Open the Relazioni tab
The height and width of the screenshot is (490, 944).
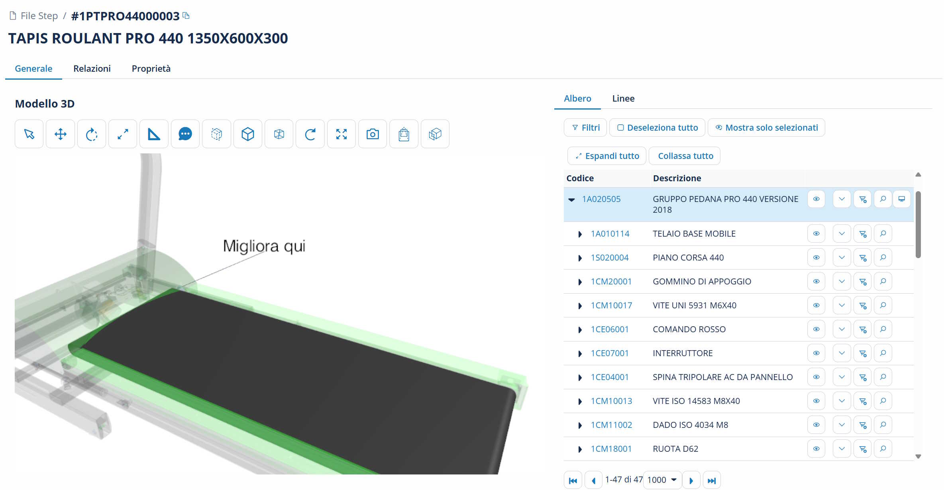click(92, 69)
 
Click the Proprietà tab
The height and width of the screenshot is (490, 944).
click(151, 69)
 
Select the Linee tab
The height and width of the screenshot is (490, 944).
click(623, 98)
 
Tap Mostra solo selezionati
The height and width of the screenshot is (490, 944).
click(766, 127)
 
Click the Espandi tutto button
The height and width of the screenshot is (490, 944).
click(607, 156)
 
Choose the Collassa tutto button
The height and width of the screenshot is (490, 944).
click(685, 156)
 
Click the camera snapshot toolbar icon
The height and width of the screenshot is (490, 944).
click(373, 134)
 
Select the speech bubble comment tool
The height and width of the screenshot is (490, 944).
click(185, 134)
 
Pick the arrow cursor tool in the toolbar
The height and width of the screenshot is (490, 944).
click(29, 134)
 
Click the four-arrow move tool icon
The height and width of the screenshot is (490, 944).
click(60, 134)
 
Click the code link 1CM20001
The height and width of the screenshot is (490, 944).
click(611, 282)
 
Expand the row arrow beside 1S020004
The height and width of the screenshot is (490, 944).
click(580, 258)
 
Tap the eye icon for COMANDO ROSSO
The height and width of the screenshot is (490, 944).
click(816, 329)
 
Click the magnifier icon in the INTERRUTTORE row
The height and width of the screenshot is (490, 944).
click(883, 353)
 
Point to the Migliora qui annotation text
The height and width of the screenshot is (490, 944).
click(264, 246)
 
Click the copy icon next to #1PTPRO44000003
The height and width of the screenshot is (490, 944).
click(186, 16)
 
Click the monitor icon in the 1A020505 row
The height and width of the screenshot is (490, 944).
click(901, 199)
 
